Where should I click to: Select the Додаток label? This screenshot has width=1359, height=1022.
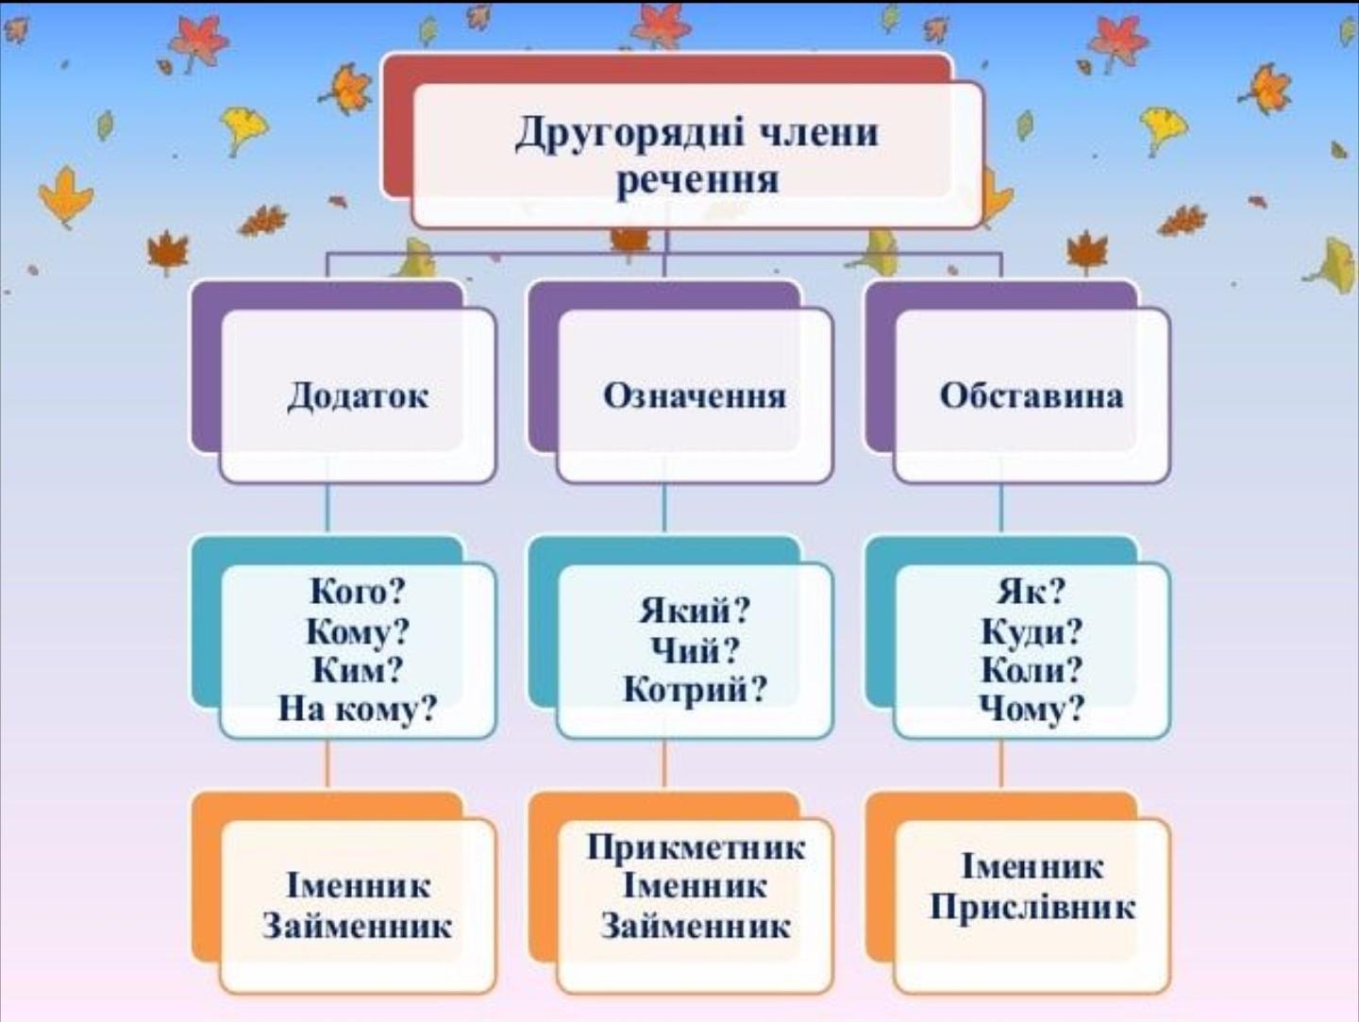[357, 395]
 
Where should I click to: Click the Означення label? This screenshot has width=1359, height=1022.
[695, 395]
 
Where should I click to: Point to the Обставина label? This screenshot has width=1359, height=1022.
[1032, 395]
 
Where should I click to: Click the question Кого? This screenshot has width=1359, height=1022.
[358, 592]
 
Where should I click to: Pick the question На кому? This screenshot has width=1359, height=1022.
[358, 708]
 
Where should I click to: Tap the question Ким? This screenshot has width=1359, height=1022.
[358, 669]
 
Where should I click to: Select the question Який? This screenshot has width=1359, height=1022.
[695, 611]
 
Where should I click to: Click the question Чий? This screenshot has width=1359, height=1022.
[695, 650]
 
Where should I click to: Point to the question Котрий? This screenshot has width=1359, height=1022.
[695, 690]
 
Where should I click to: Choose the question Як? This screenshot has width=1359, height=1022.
[1032, 592]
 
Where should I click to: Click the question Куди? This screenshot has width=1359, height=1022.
[1032, 630]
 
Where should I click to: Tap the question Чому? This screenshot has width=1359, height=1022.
[1032, 708]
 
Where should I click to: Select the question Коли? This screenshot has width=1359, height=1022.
[1032, 669]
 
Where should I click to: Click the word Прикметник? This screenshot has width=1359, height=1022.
[696, 847]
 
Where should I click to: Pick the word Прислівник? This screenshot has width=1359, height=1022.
[1032, 907]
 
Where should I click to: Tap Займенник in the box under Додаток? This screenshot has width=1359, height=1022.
[358, 926]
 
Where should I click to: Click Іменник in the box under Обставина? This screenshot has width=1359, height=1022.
[1032, 866]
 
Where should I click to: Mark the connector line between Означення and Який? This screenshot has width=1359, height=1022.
[664, 510]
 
